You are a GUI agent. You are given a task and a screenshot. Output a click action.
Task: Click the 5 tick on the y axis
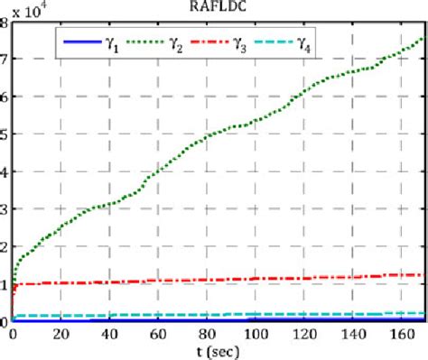click(x=5, y=134)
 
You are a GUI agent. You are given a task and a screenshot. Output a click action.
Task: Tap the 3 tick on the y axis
click(x=5, y=209)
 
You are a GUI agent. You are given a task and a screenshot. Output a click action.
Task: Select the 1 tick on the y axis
click(x=5, y=284)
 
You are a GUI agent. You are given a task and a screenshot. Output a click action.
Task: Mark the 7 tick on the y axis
click(x=5, y=60)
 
